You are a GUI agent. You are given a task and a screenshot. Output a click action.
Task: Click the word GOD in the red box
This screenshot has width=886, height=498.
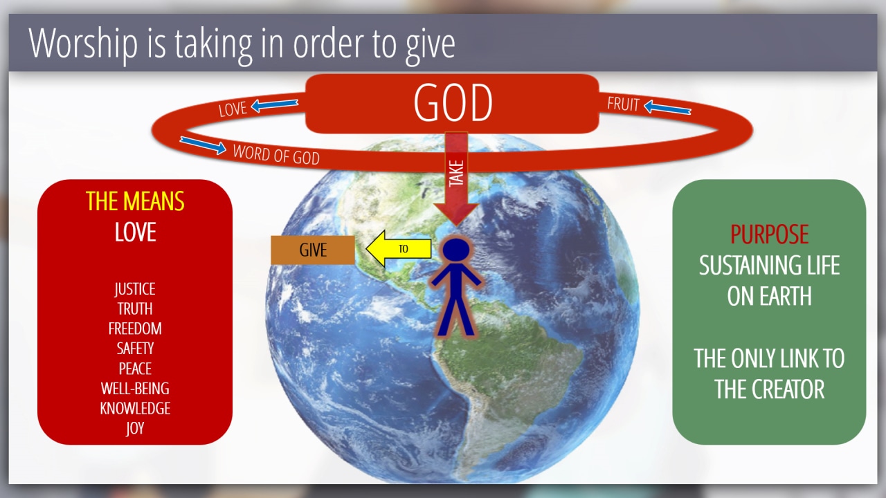[453, 103]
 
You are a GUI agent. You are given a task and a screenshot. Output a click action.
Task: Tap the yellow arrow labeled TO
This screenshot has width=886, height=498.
[399, 248]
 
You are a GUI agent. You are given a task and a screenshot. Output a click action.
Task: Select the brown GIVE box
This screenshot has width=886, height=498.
[313, 250]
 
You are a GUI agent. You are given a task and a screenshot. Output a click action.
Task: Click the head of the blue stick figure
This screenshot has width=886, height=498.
[456, 250]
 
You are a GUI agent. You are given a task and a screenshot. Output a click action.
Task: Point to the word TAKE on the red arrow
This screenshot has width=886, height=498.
[456, 173]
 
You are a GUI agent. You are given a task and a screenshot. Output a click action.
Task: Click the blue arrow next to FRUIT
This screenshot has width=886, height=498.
[667, 107]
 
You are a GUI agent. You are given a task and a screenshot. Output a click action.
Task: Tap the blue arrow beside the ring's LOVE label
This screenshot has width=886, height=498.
[275, 104]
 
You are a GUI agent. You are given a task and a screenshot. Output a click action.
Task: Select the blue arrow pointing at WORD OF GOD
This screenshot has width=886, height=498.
[203, 145]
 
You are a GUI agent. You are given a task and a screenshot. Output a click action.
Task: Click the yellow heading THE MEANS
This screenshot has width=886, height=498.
[135, 201]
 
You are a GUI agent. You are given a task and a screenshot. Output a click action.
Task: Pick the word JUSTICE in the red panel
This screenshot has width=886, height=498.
[135, 289]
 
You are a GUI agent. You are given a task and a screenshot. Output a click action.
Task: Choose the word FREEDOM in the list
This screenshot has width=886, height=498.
[135, 329]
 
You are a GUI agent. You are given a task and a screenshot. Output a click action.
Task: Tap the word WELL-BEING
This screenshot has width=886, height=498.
[135, 389]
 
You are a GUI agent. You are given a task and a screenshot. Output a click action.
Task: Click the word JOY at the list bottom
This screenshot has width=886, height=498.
[135, 428]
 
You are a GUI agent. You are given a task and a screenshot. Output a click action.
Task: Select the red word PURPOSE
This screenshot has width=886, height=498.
[769, 234]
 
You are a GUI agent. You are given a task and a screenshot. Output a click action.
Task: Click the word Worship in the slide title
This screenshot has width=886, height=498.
[83, 44]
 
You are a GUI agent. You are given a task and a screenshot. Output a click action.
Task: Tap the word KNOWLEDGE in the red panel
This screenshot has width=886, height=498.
[135, 408]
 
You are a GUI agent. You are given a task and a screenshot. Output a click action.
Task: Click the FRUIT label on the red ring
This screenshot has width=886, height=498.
[623, 104]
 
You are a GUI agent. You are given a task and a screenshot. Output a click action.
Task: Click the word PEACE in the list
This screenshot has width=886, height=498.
[135, 369]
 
